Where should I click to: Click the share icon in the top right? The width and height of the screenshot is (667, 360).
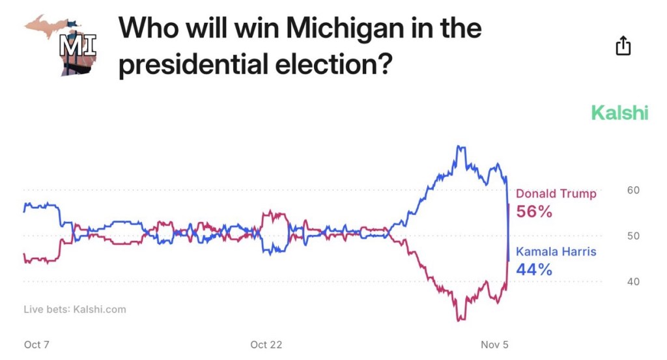click(x=623, y=46)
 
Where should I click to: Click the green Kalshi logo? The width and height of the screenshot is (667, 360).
click(x=619, y=113)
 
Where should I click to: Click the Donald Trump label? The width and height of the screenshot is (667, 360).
click(x=556, y=194)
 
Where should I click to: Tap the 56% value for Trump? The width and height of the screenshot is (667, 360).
click(x=534, y=212)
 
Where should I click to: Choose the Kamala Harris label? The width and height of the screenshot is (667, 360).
click(x=556, y=252)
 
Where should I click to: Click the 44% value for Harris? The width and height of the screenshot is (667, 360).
click(x=534, y=269)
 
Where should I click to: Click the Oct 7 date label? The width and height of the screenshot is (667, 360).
click(x=36, y=344)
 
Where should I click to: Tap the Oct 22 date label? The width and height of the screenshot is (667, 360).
click(x=266, y=344)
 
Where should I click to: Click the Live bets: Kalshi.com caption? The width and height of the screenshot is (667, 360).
click(x=75, y=309)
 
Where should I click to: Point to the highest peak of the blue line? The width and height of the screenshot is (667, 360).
click(x=459, y=147)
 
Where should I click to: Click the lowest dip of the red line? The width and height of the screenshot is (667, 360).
click(x=459, y=320)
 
